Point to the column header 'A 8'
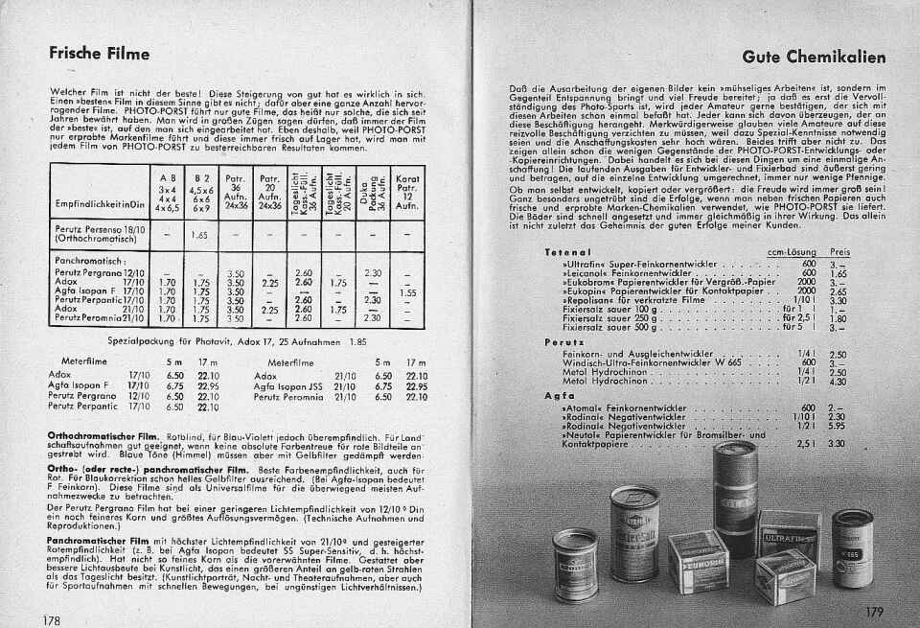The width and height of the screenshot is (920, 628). point(168,177)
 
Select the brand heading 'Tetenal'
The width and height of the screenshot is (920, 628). point(562,251)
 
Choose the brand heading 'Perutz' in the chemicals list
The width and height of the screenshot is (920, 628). point(558,341)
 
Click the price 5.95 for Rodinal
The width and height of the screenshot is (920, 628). point(836,425)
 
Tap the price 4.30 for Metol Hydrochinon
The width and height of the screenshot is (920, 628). point(836,381)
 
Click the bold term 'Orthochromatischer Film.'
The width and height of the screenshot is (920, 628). point(105,435)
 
